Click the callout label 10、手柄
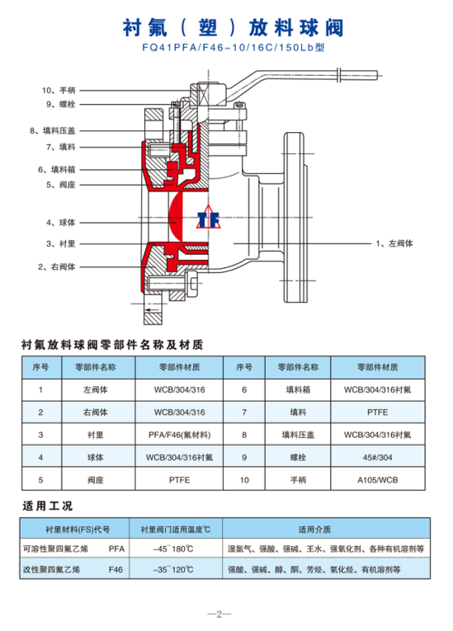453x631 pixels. pos(59,90)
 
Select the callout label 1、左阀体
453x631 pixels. pos(394,243)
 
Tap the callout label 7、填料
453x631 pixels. pos(60,147)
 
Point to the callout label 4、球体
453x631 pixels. pos(60,223)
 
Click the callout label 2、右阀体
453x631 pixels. pos(56,266)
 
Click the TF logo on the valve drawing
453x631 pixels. pos(209,218)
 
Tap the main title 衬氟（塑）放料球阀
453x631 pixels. pos(234,28)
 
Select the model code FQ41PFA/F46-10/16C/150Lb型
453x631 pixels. pos(234,48)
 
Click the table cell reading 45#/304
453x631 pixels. pos(377,457)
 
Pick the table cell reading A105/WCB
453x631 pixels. pos(377,480)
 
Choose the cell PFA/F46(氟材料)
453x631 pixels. pos(179,435)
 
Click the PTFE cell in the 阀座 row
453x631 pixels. pos(179,480)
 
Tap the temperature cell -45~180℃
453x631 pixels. pos(173,549)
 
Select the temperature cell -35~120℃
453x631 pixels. pos(173,569)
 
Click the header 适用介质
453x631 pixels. pos(314,530)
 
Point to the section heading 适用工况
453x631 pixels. pos(48,506)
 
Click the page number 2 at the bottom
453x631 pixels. pos(219,615)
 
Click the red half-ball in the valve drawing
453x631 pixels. pos(176,217)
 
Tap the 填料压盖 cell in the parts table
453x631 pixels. pos(298,435)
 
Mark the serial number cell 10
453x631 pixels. pos(244,480)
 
